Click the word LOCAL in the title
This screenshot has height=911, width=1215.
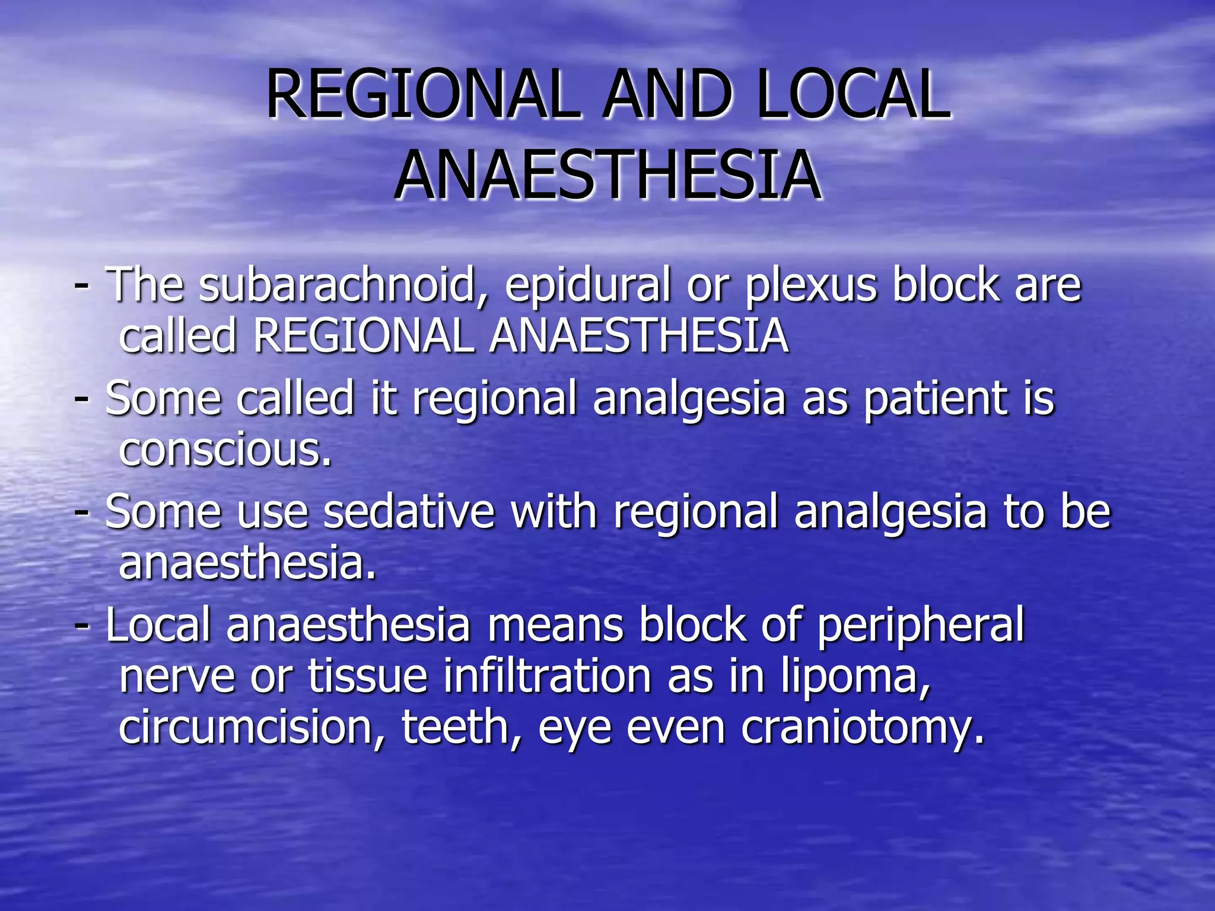click(x=854, y=95)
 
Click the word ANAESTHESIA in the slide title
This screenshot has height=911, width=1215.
click(x=607, y=175)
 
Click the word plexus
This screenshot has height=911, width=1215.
click(x=810, y=286)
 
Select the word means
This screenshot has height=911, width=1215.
click(x=555, y=626)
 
